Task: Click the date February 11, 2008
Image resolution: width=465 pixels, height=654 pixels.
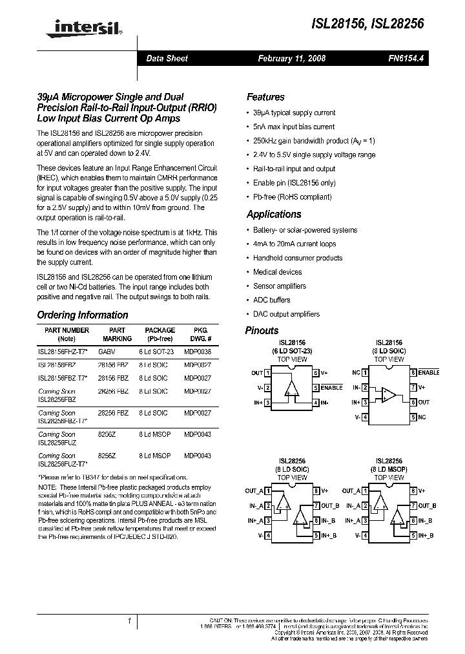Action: click(291, 58)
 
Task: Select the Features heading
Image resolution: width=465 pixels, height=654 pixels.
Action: click(265, 97)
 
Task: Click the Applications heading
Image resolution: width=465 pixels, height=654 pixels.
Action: click(274, 215)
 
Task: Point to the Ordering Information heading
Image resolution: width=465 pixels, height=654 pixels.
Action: click(83, 315)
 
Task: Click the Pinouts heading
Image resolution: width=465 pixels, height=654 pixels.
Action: click(262, 330)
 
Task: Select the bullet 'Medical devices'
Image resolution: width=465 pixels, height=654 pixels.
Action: click(277, 272)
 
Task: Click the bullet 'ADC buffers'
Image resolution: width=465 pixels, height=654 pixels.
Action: click(271, 300)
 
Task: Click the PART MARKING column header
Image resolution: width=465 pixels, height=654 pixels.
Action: click(117, 334)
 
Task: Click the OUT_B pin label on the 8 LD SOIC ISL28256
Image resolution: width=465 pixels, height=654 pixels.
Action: click(330, 505)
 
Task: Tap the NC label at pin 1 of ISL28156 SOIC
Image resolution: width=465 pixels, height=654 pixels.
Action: click(356, 373)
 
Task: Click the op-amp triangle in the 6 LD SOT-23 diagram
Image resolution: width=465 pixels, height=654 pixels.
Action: click(293, 388)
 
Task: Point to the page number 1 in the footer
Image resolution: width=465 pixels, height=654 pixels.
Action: click(130, 622)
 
